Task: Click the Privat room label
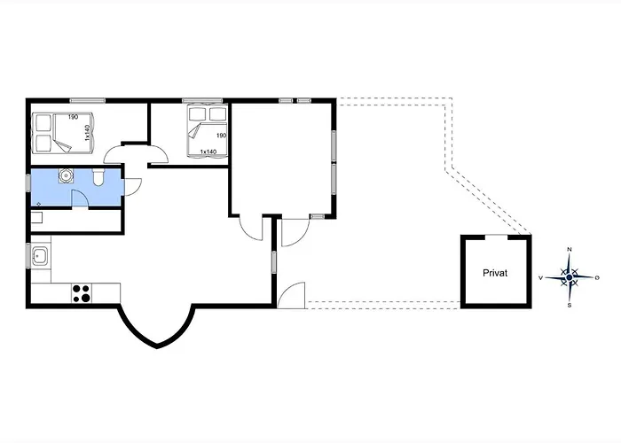[495, 273]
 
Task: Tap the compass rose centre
[570, 277]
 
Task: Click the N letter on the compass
[570, 249]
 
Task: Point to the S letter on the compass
[570, 306]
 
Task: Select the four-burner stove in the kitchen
[82, 293]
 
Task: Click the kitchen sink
[40, 256]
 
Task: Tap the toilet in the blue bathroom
[98, 177]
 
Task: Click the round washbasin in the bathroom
[66, 175]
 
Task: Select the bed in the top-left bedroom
[63, 133]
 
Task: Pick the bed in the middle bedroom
[207, 131]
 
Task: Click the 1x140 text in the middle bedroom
[208, 152]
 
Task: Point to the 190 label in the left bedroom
[73, 117]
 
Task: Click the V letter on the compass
[540, 278]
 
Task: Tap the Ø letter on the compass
[597, 278]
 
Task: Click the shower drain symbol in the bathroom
[38, 204]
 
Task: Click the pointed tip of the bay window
[157, 347]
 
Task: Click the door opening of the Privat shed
[496, 237]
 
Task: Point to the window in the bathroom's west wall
[28, 183]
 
